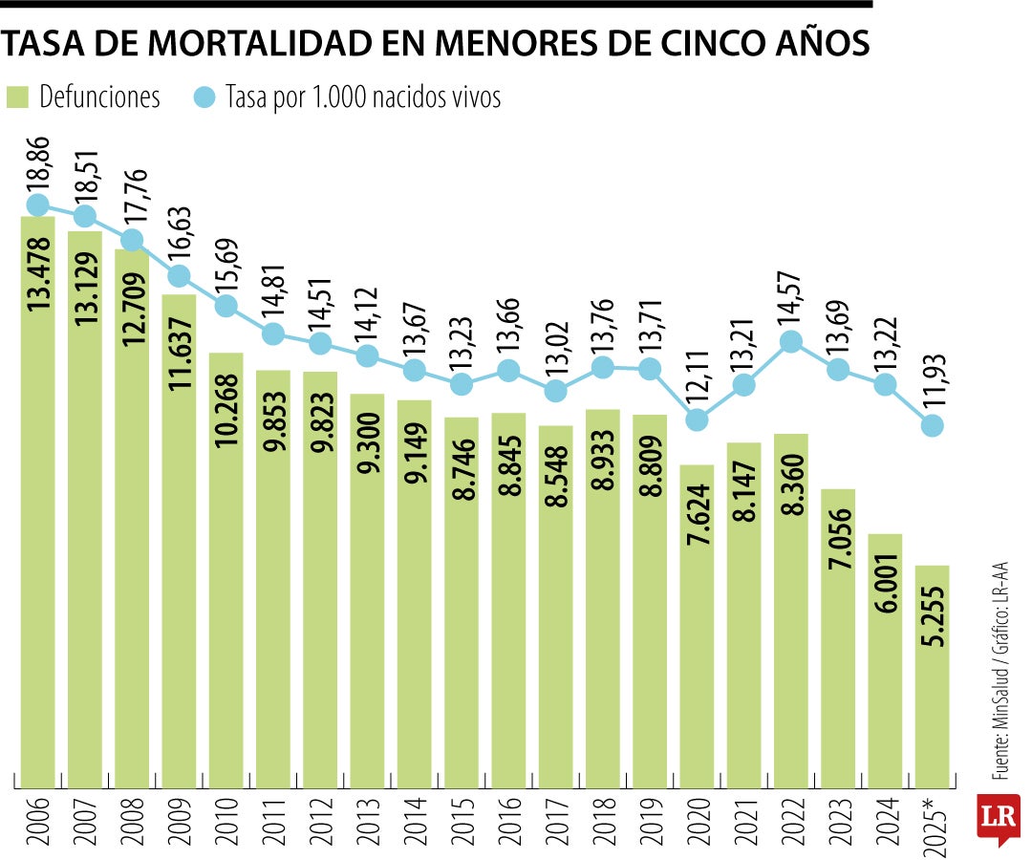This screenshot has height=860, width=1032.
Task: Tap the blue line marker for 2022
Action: (791, 341)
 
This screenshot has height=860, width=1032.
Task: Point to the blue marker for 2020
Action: (698, 419)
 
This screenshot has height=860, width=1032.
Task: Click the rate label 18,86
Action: (40, 163)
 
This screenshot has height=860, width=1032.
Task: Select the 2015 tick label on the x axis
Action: (462, 821)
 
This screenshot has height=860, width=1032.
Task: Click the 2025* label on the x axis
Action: (933, 821)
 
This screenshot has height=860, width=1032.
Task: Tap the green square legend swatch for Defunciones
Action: (18, 97)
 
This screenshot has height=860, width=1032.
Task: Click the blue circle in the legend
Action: (205, 97)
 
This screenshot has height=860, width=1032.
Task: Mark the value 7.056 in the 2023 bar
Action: (838, 546)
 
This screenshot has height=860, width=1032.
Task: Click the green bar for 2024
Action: (885, 660)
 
